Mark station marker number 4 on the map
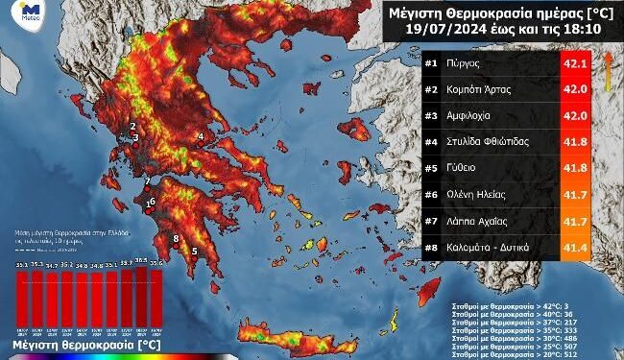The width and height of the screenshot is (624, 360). (x=201, y=137)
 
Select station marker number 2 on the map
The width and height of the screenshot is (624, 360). (x=133, y=126)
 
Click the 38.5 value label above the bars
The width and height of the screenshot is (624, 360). (x=142, y=260)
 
